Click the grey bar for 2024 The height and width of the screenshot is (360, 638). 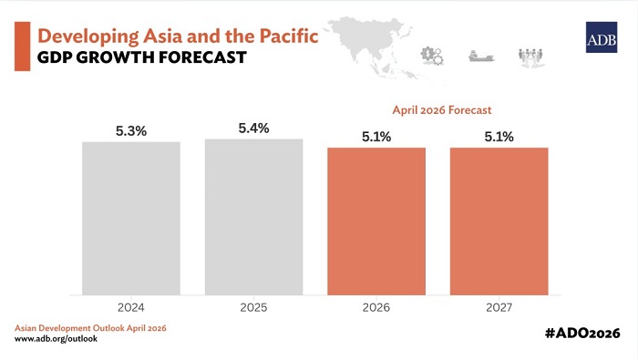pyautogui.click(x=131, y=218)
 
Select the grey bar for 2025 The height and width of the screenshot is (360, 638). pyautogui.click(x=253, y=217)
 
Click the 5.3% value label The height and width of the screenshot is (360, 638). pyautogui.click(x=131, y=131)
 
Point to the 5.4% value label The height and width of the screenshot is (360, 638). pyautogui.click(x=253, y=129)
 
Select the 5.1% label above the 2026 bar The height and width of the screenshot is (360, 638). pyautogui.click(x=376, y=138)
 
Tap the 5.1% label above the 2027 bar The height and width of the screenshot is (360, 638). pyautogui.click(x=499, y=138)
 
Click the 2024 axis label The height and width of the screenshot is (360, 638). pyautogui.click(x=131, y=308)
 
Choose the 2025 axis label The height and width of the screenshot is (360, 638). pyautogui.click(x=253, y=308)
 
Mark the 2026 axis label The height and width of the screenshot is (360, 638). pyautogui.click(x=376, y=308)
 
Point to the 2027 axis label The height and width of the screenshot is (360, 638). pyautogui.click(x=499, y=308)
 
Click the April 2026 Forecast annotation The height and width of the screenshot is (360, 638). pyautogui.click(x=441, y=109)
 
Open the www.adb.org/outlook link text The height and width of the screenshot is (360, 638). pyautogui.click(x=56, y=339)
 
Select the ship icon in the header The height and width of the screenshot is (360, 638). pyautogui.click(x=480, y=56)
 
